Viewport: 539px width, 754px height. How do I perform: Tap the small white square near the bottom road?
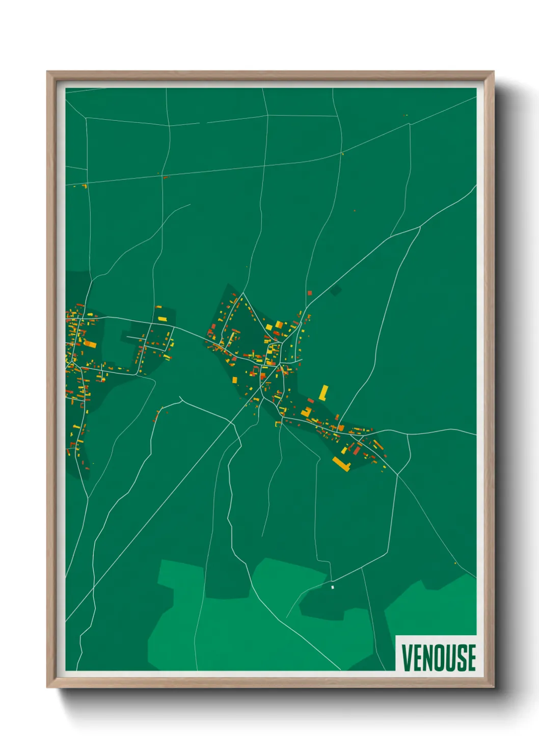[333, 587]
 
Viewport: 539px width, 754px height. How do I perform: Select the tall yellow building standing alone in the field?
[324, 392]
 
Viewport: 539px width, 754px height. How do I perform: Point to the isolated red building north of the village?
[309, 293]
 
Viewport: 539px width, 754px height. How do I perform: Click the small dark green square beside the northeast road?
[335, 291]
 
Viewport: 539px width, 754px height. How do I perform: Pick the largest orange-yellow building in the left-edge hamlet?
[90, 344]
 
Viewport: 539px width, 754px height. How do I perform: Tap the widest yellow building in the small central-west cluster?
[162, 319]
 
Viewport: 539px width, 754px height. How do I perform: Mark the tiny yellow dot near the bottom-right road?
[455, 563]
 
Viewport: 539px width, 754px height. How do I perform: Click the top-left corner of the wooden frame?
[47, 72]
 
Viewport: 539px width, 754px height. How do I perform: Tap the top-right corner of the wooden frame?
[493, 72]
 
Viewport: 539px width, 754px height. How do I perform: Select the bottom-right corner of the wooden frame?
[493, 687]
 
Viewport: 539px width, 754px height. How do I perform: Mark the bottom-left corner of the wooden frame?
[47, 687]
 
